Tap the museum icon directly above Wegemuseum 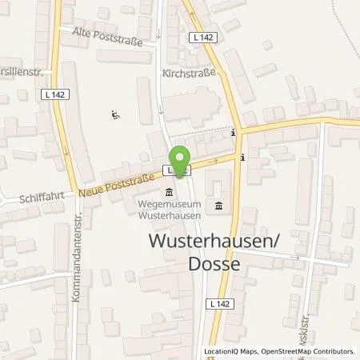pyautogui.click(x=170, y=192)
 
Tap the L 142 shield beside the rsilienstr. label pyautogui.click(x=50, y=94)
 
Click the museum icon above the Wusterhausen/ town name pyautogui.click(x=218, y=208)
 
